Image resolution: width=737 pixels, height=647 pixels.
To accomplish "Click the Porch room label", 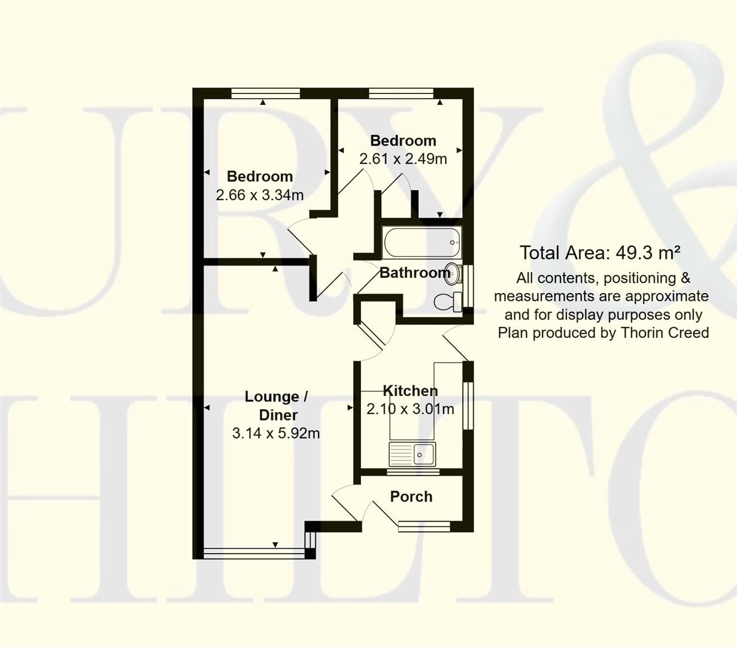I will tap(411, 497).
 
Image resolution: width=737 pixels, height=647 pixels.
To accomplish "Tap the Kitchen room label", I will tap(410, 391).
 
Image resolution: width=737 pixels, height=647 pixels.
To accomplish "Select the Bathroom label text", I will tap(414, 273).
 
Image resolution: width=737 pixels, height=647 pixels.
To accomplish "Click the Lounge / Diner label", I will tap(276, 406).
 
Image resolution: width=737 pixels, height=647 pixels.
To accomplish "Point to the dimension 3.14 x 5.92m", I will tap(276, 433).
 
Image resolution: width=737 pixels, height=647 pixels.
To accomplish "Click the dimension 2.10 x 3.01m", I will tap(410, 410).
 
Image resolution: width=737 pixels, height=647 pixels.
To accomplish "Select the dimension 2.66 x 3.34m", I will tap(260, 195).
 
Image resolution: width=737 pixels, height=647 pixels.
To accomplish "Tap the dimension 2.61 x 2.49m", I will tap(403, 159).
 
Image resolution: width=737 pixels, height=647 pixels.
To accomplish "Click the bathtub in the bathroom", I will tap(421, 243).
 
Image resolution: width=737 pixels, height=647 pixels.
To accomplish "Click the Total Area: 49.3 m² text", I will tap(599, 253).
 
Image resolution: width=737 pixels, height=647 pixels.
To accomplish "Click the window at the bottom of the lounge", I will tap(254, 553).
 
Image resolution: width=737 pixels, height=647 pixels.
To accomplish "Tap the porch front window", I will tap(424, 526).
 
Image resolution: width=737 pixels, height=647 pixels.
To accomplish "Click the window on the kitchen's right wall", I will tap(468, 406).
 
